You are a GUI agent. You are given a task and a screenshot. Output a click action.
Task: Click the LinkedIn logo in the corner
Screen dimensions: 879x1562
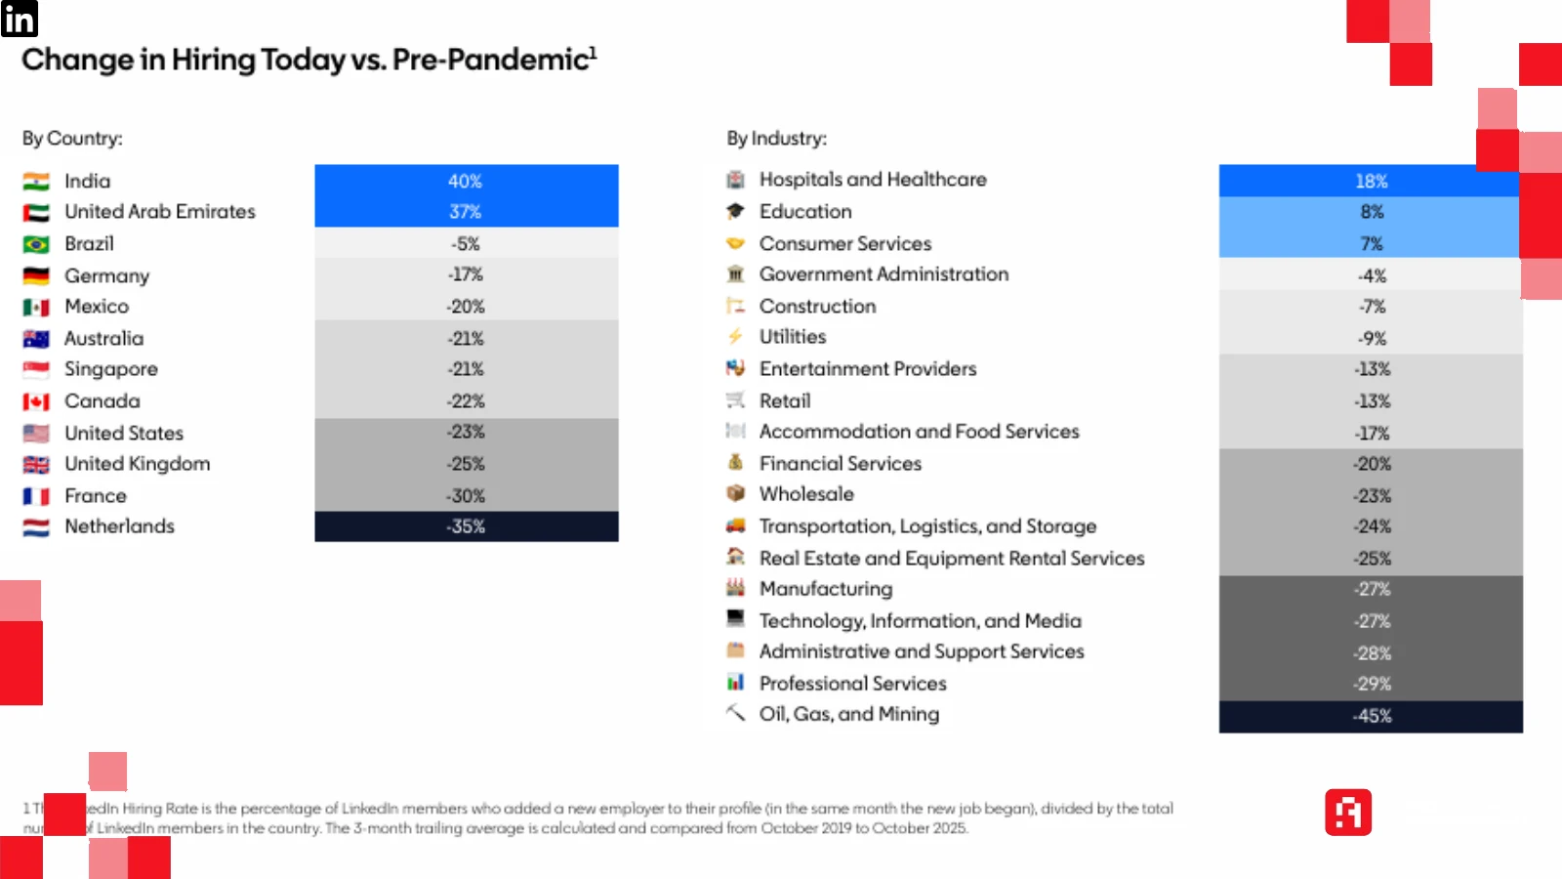click(19, 19)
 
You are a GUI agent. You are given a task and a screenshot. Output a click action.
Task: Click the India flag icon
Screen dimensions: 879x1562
click(36, 182)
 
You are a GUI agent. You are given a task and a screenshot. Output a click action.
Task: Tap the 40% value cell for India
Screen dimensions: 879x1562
click(466, 182)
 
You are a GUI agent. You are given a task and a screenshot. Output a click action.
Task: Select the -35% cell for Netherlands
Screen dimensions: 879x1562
click(466, 526)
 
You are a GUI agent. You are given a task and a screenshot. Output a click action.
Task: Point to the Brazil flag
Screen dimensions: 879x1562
click(36, 244)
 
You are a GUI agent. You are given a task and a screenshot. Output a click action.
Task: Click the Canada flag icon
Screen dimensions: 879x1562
click(36, 401)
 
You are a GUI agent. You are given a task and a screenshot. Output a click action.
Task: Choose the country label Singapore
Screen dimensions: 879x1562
click(111, 369)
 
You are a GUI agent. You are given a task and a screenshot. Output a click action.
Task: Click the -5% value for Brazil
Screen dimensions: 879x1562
click(466, 244)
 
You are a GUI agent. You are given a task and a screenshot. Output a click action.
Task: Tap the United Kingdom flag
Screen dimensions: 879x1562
click(36, 465)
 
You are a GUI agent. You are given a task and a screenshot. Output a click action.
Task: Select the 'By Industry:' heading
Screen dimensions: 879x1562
click(776, 139)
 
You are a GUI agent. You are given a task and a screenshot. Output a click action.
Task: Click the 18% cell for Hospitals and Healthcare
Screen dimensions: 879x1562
click(1371, 182)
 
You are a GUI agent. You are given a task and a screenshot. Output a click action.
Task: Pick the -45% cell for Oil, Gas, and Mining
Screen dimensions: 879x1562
click(1371, 716)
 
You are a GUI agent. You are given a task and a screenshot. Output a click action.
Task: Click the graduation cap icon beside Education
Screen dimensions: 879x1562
click(735, 211)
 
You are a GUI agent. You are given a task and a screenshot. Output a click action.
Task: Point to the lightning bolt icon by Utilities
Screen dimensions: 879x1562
click(735, 337)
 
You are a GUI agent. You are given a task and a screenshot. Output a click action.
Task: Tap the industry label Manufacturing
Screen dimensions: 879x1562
click(826, 589)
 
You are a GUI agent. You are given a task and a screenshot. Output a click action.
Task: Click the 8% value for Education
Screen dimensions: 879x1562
click(1371, 212)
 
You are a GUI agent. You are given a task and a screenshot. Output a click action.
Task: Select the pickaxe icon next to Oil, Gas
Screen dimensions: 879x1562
click(735, 713)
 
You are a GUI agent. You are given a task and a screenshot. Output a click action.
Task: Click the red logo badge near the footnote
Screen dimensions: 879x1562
click(1348, 813)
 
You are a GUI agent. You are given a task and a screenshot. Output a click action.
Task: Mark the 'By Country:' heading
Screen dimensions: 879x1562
click(72, 139)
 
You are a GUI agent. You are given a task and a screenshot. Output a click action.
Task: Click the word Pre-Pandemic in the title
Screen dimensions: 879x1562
click(490, 60)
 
